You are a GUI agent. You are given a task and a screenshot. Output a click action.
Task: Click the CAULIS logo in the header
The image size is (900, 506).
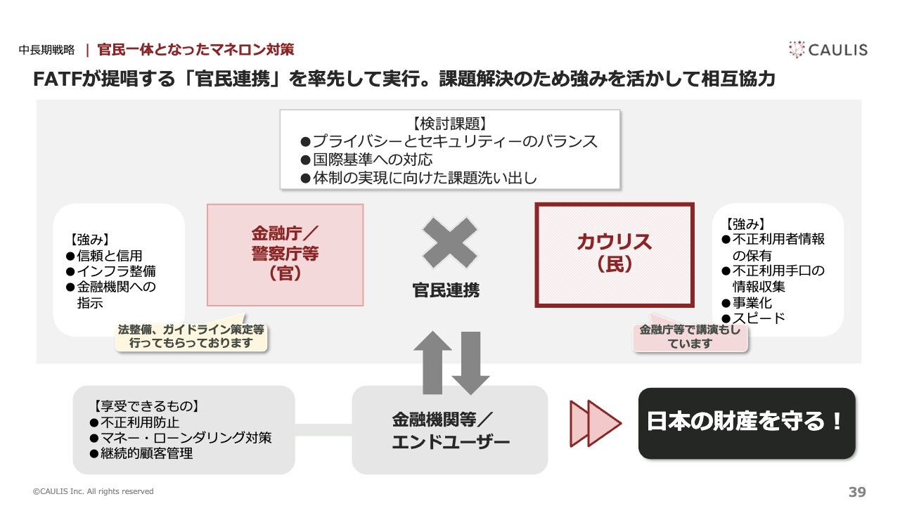(x=828, y=50)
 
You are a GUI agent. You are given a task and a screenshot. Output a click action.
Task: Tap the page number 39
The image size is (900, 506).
(x=857, y=491)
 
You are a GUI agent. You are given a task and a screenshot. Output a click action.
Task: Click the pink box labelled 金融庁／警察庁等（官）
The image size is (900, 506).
(x=285, y=255)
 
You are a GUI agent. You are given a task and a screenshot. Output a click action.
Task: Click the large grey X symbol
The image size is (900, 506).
(x=449, y=242)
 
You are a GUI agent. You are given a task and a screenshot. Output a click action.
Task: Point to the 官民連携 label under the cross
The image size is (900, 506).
(x=446, y=290)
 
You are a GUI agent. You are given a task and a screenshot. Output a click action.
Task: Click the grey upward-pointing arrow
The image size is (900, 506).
(x=432, y=362)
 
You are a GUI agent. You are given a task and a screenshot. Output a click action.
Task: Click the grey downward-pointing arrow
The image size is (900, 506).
(x=470, y=363)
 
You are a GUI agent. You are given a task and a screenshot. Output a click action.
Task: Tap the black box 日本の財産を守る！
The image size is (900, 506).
(x=747, y=423)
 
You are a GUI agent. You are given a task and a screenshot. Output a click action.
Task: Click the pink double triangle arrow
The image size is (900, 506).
(x=596, y=423)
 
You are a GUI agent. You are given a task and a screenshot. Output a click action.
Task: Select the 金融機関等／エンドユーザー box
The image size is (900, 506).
(x=450, y=429)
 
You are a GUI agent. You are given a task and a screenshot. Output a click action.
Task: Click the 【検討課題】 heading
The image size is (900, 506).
(x=450, y=124)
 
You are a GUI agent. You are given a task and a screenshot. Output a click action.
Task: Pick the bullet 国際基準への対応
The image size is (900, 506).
(x=366, y=160)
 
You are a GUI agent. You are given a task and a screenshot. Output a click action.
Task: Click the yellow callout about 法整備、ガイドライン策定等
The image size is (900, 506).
(x=191, y=337)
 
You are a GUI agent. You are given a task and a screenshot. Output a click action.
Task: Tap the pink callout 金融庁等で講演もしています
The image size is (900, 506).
(x=690, y=337)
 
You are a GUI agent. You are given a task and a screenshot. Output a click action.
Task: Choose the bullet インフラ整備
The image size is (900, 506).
(x=111, y=271)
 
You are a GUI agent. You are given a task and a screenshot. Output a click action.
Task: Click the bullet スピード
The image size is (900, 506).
(x=753, y=318)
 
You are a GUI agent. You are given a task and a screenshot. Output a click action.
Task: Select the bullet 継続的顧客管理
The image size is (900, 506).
(x=141, y=453)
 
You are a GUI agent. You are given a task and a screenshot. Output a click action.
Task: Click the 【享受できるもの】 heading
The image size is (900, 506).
(x=147, y=406)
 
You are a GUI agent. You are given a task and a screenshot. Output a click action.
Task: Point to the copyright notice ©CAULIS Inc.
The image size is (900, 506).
(x=94, y=491)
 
